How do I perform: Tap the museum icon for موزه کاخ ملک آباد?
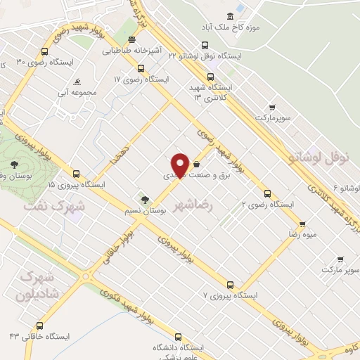coord(230,16)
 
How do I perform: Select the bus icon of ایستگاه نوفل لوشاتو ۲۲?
coord(205,44)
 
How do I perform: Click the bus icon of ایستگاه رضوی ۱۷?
coord(141,68)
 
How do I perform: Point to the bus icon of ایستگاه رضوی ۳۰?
coord(45,51)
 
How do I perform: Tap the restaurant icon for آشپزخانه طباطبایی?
coord(131,39)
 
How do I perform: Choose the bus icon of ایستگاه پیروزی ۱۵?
coord(76,174)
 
